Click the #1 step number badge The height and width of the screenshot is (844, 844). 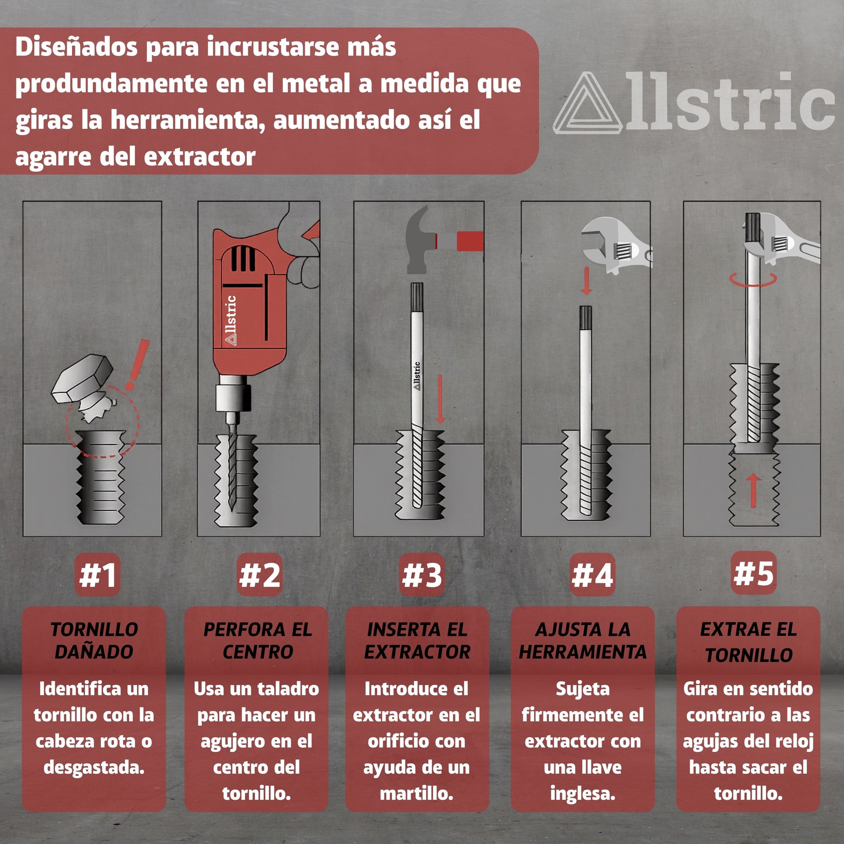[97, 575]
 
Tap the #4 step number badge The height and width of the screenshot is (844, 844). [592, 575]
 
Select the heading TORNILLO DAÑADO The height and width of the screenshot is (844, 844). [94, 641]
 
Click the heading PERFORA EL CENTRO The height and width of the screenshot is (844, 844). [257, 641]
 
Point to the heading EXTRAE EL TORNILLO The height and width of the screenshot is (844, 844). [748, 642]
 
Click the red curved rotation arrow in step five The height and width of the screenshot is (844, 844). [752, 281]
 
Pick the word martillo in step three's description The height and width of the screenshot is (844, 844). [416, 793]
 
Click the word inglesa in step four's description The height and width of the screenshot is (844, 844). [582, 793]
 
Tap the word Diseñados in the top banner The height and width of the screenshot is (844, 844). [76, 47]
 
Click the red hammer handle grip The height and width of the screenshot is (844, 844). [470, 241]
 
